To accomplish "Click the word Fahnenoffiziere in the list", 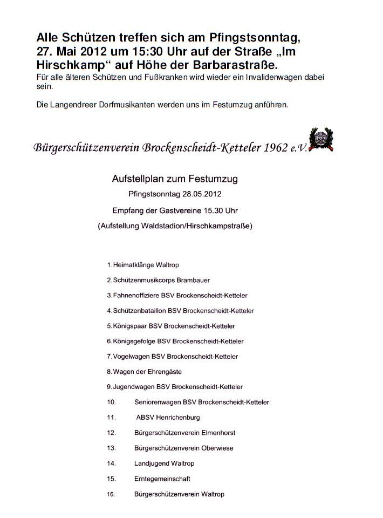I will (134, 296).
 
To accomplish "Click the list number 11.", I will (112, 417).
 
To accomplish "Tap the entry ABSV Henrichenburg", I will (168, 417).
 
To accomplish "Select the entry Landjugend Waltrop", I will (164, 464).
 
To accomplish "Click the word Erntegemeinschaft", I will (162, 479).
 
